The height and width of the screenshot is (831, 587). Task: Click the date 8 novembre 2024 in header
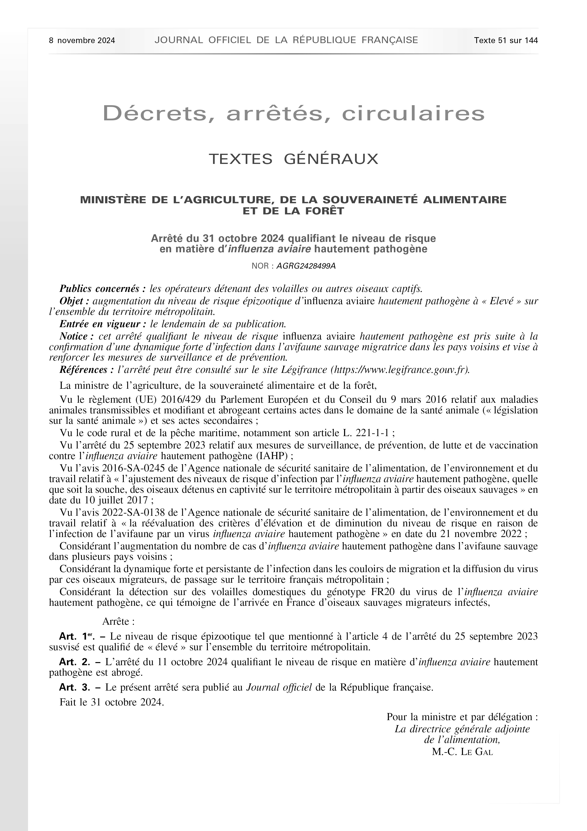pos(82,41)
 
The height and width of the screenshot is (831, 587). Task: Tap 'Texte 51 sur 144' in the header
pos(506,41)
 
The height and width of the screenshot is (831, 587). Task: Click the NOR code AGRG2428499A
pos(306,266)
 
